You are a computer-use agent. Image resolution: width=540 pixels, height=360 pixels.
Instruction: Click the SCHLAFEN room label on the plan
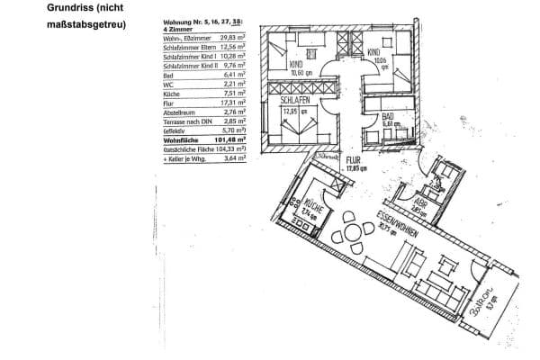(x=293, y=102)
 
